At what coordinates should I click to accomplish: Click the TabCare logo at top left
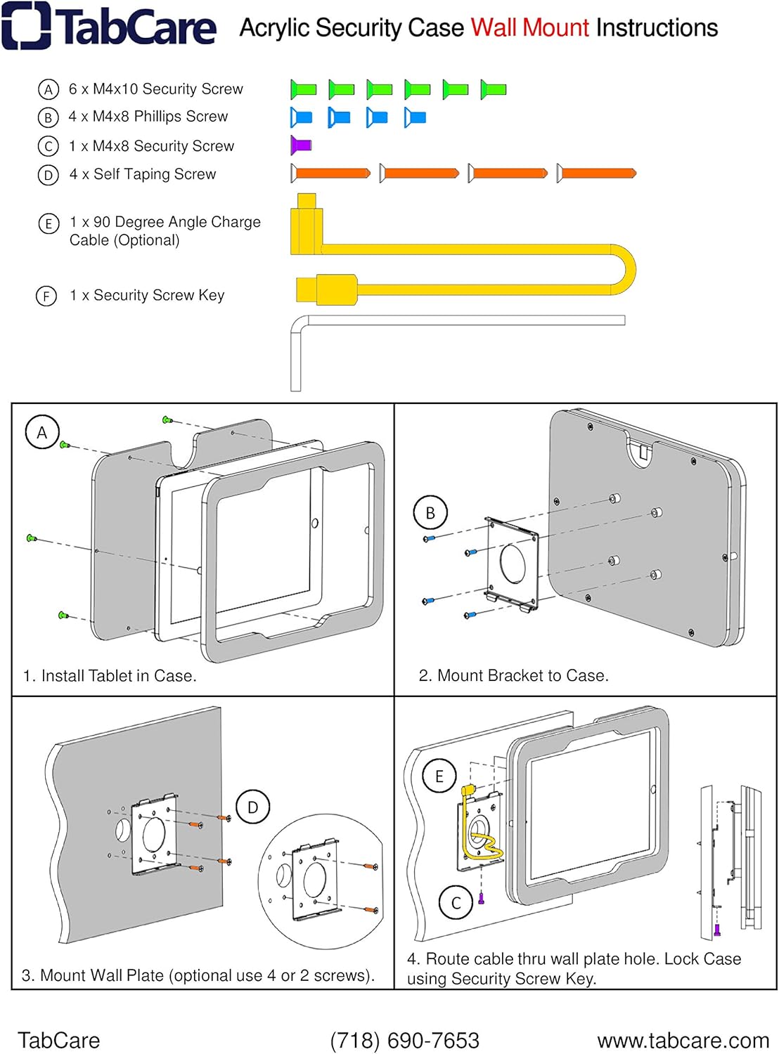pos(109,27)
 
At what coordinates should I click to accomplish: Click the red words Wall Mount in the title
pos(529,28)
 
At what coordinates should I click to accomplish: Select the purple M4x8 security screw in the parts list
pos(301,145)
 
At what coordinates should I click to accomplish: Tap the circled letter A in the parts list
pos(48,89)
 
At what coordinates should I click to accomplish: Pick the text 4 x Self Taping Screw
pos(142,174)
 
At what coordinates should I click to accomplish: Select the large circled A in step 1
pos(42,433)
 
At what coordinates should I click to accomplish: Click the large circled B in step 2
pos(430,513)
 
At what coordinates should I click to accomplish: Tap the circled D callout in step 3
pos(252,807)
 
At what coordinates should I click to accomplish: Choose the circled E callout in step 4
pos(439,776)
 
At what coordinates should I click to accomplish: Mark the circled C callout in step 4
pos(456,903)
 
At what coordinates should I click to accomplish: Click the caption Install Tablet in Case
pos(110,676)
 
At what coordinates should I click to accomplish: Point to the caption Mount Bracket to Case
pos(513,676)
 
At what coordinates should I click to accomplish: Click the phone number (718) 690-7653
pos(404,1040)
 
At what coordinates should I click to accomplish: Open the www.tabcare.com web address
pos(683,1040)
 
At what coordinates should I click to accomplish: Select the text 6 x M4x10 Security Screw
pos(155,89)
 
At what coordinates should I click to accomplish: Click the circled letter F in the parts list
pos(46,296)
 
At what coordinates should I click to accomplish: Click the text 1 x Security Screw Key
pos(147,295)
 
